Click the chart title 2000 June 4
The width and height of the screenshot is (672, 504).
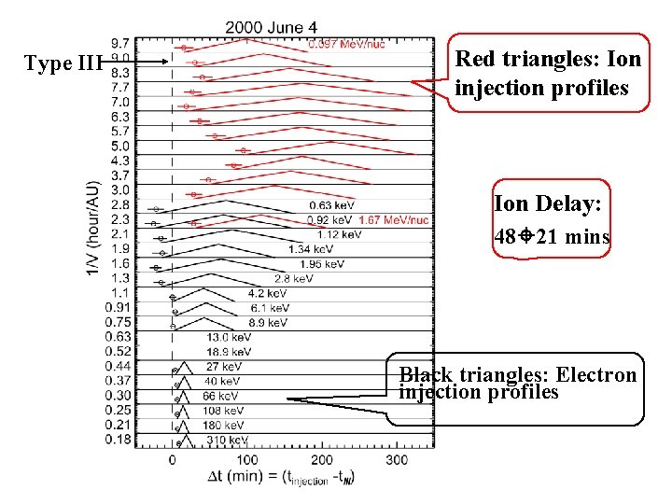(277, 27)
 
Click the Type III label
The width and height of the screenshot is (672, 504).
(61, 63)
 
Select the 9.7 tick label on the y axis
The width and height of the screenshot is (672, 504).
(120, 43)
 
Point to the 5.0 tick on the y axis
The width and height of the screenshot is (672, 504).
(120, 146)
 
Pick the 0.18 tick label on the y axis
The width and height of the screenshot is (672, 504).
(118, 439)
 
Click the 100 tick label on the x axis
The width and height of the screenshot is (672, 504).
(246, 460)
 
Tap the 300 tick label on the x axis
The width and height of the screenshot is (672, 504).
(396, 460)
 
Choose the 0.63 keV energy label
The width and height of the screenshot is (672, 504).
(332, 205)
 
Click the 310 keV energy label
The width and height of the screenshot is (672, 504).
(227, 440)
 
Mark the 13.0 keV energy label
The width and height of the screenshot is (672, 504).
(229, 337)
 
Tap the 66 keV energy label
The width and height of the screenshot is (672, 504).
(216, 396)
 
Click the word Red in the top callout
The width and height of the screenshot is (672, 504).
(474, 60)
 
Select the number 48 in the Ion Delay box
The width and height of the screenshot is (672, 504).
(505, 236)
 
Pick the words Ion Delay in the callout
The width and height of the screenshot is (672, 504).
(536, 203)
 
